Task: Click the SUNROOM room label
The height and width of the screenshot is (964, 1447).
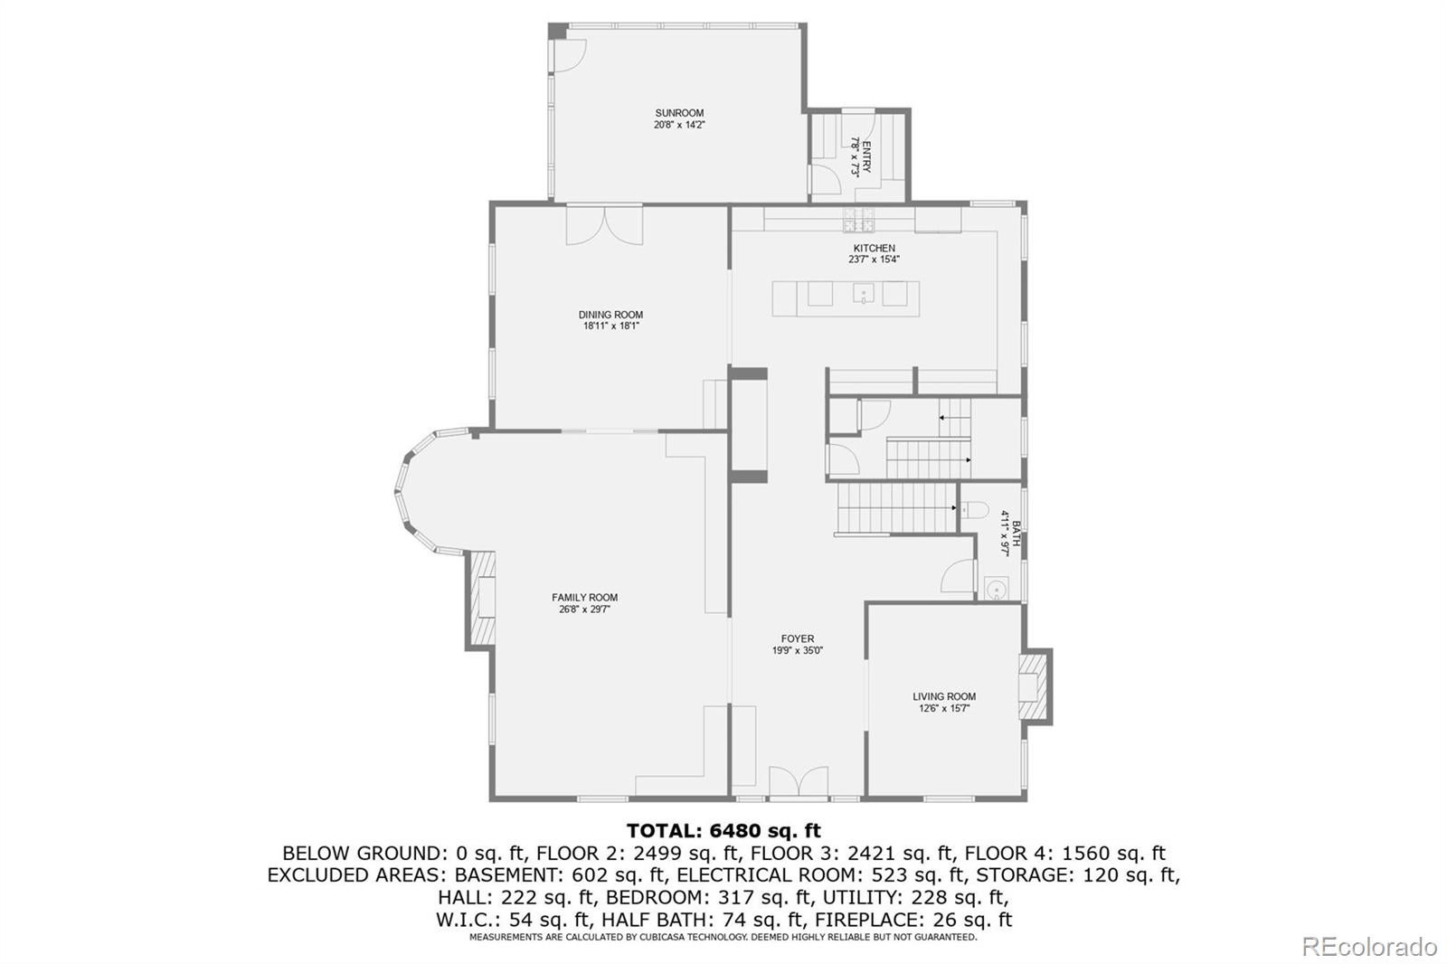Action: pos(679,113)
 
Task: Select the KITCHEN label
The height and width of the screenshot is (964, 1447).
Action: pos(874,248)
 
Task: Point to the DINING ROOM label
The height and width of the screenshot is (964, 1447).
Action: pos(610,316)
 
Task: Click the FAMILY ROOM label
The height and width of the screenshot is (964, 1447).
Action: pos(584,598)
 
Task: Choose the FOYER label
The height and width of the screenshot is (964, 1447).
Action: pos(797,639)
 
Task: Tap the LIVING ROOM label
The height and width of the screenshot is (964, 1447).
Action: pos(944,696)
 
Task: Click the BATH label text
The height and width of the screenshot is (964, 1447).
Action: pos(1016,534)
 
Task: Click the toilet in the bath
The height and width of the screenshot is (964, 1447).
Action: pos(974,510)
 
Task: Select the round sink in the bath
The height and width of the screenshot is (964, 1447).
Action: pos(998,590)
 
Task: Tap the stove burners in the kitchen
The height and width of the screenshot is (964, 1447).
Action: pos(858,220)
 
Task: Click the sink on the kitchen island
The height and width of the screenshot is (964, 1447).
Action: pos(863,293)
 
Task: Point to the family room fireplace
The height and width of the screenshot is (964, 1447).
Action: pos(480,598)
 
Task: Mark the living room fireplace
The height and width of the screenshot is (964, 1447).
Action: pos(1033,686)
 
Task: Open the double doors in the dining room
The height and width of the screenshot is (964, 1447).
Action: pos(605,225)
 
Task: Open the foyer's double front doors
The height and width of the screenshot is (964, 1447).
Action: pos(799,783)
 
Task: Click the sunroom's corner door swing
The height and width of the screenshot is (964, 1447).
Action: pos(570,55)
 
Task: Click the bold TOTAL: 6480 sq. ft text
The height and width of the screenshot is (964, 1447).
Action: pos(723,830)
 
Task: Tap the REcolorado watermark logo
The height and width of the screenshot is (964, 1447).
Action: pos(1369,947)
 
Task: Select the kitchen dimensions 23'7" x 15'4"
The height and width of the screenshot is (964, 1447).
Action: pos(874,260)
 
